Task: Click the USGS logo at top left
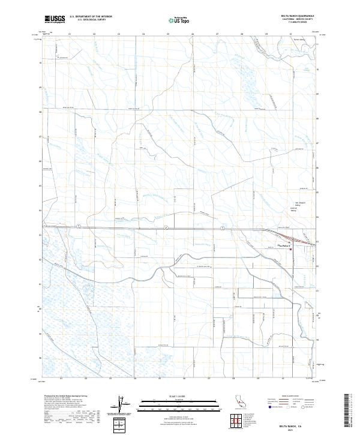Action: click(55, 19)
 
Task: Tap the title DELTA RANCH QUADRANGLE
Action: click(303, 16)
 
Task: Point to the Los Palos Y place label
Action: click(284, 246)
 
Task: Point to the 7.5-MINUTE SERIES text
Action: click(303, 23)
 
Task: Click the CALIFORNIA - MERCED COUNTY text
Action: click(303, 20)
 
